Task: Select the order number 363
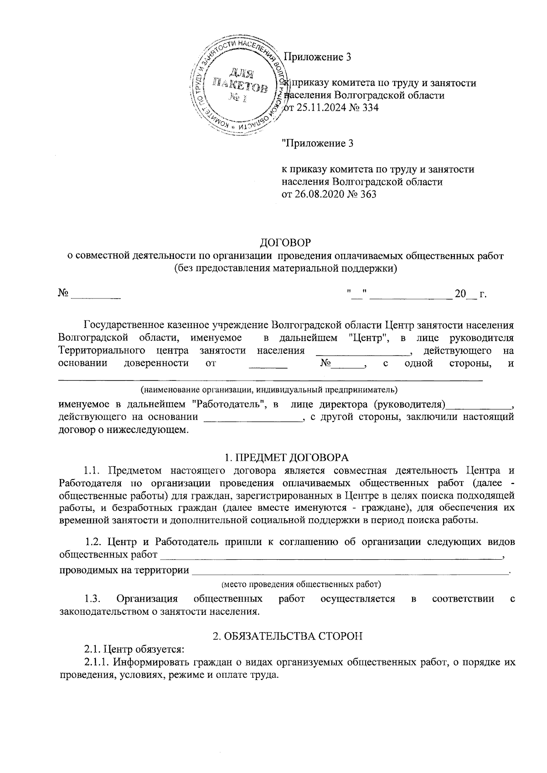[x=368, y=195]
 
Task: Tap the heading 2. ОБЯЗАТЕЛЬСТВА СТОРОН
[x=288, y=636]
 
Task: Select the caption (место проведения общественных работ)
[x=301, y=584]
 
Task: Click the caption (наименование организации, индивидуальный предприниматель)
[x=269, y=390]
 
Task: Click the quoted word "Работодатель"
[x=229, y=404]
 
